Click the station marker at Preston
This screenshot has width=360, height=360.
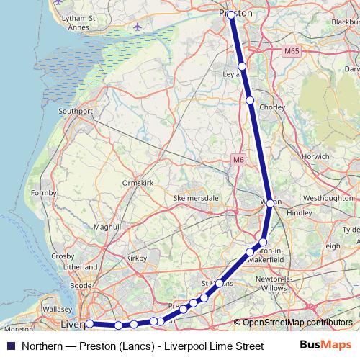coord(230,14)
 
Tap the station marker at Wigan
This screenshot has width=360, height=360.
coord(270,204)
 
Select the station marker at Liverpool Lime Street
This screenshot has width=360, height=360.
coord(89,324)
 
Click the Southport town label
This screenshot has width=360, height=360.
coord(76,112)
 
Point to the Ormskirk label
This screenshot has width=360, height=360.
coord(138,183)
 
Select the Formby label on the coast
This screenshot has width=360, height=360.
coord(43,192)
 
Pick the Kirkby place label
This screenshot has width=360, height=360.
coord(136,257)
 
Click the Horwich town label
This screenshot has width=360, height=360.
coord(316,156)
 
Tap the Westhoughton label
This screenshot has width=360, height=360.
coord(328,197)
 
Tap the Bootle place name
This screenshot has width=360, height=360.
coord(81,286)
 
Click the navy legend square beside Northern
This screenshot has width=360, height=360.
coord(11,346)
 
